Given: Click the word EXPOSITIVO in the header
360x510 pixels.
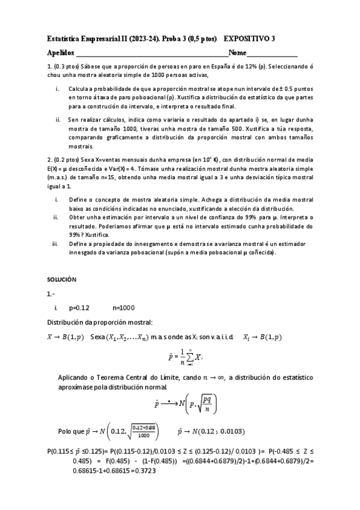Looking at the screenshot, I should (246, 38).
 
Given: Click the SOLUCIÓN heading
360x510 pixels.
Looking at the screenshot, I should (62, 280).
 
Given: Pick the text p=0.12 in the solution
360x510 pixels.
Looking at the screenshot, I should (79, 307).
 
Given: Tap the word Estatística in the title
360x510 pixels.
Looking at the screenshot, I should (66, 38).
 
